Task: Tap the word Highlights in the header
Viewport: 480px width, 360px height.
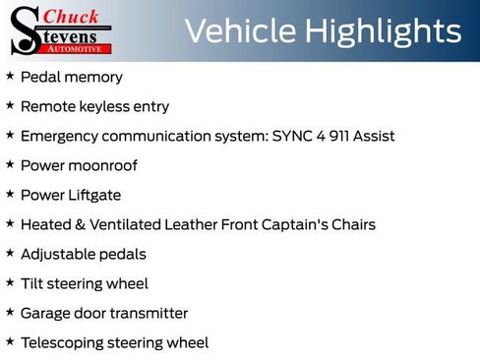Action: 382,31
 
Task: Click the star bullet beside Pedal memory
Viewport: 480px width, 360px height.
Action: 10,76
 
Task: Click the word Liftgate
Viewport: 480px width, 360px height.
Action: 93,195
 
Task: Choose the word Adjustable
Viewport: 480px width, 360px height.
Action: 55,254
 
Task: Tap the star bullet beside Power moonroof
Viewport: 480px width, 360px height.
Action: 10,164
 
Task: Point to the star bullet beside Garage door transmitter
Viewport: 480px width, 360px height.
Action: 10,312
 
